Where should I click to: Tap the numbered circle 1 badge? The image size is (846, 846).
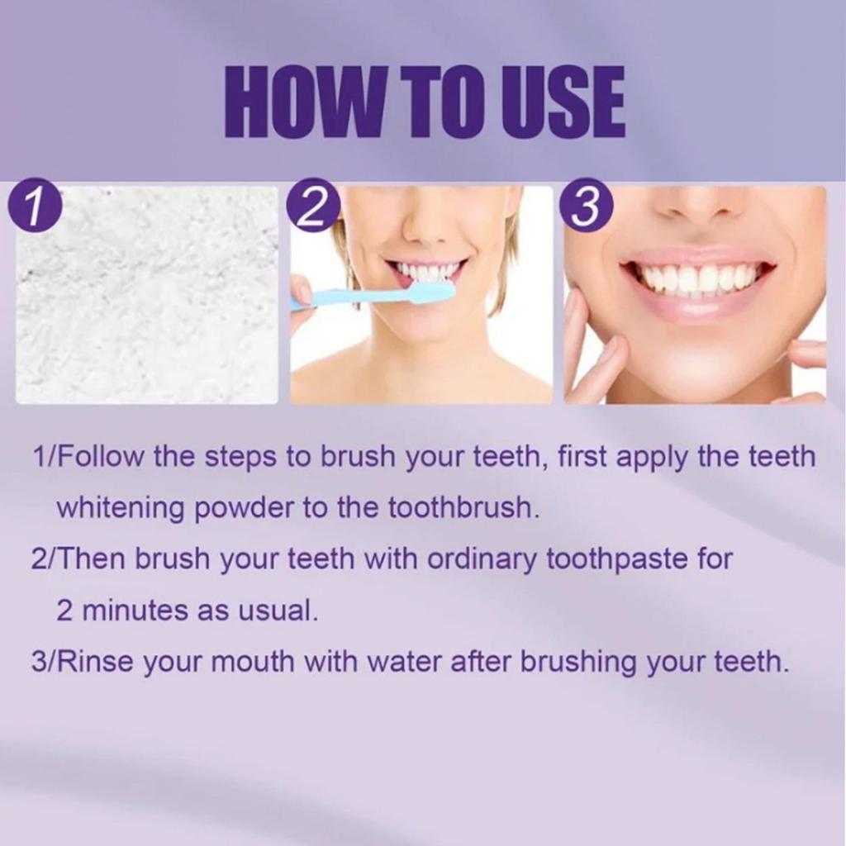(x=36, y=207)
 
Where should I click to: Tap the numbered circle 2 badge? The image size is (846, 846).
(x=311, y=207)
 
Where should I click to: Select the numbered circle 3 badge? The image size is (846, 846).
(x=586, y=207)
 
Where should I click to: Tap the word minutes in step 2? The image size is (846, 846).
(x=135, y=611)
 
